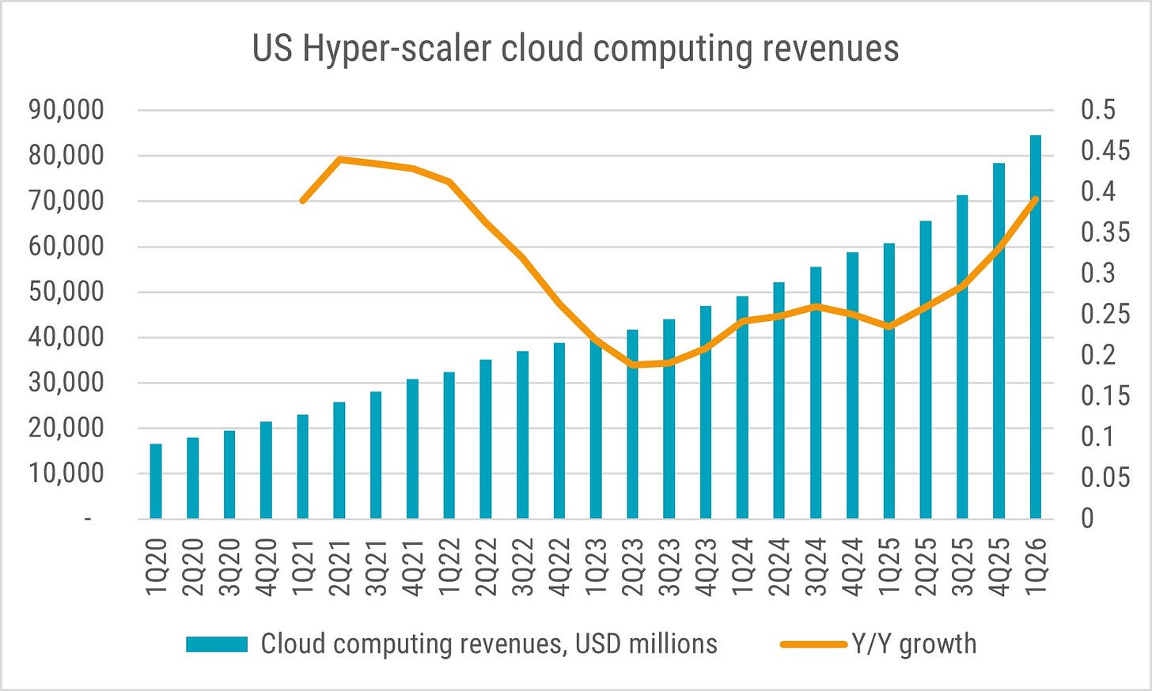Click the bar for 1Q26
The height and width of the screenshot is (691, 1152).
[x=1035, y=327]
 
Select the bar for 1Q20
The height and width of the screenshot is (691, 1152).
[x=156, y=481]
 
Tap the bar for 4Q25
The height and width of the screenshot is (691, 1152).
[x=999, y=341]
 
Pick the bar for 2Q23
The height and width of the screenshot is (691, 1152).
[x=632, y=424]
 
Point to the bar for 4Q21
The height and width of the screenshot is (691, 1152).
[x=412, y=449]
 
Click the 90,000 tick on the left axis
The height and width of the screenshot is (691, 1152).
[x=66, y=110]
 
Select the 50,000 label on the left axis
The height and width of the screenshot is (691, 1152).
[x=66, y=293]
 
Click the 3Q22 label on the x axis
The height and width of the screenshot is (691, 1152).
[x=522, y=567]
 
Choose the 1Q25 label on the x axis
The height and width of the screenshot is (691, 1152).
[x=889, y=567]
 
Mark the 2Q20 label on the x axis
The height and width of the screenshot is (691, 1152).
[x=192, y=567]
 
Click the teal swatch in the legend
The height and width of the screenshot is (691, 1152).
[x=217, y=644]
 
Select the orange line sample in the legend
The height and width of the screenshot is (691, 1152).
[x=813, y=644]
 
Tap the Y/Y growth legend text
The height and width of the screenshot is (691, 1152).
[x=914, y=644]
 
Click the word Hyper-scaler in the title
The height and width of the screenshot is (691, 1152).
[x=396, y=49]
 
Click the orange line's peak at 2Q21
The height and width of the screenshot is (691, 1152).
[x=339, y=159]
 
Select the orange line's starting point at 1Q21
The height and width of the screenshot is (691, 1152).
[x=303, y=200]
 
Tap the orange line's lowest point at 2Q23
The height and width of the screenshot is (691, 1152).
[x=632, y=364]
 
